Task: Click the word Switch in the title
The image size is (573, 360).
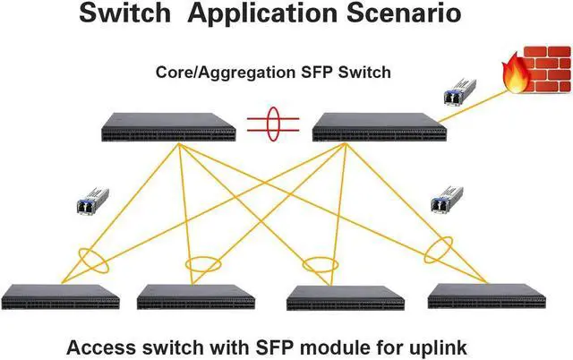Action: (x=126, y=15)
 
